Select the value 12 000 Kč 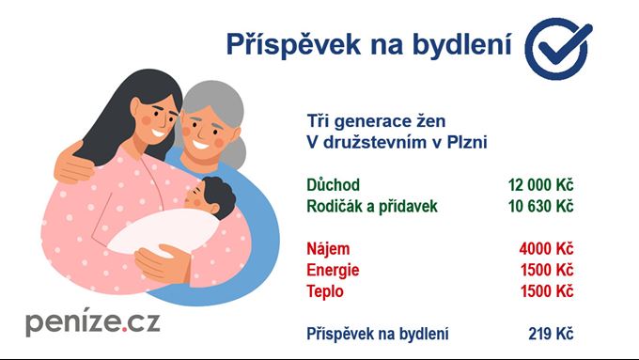coord(540,185)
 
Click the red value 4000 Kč coord(546,249)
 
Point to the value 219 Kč coord(551,334)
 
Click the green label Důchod coord(333,185)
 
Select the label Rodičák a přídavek coord(372,206)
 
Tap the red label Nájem coord(328,249)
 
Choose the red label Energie coord(333,271)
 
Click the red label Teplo coord(326,291)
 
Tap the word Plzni coord(466,143)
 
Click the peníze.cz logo coord(92,321)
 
